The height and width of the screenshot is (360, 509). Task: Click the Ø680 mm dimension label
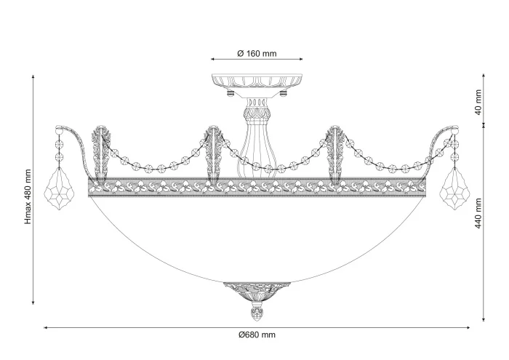pyautogui.click(x=257, y=335)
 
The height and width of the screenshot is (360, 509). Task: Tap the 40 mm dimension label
pyautogui.click(x=478, y=102)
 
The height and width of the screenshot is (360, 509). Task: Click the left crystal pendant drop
pyautogui.click(x=56, y=191)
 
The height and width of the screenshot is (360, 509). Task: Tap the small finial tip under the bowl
pyautogui.click(x=256, y=315)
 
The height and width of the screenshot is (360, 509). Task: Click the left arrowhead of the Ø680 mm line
pyautogui.click(x=45, y=328)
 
